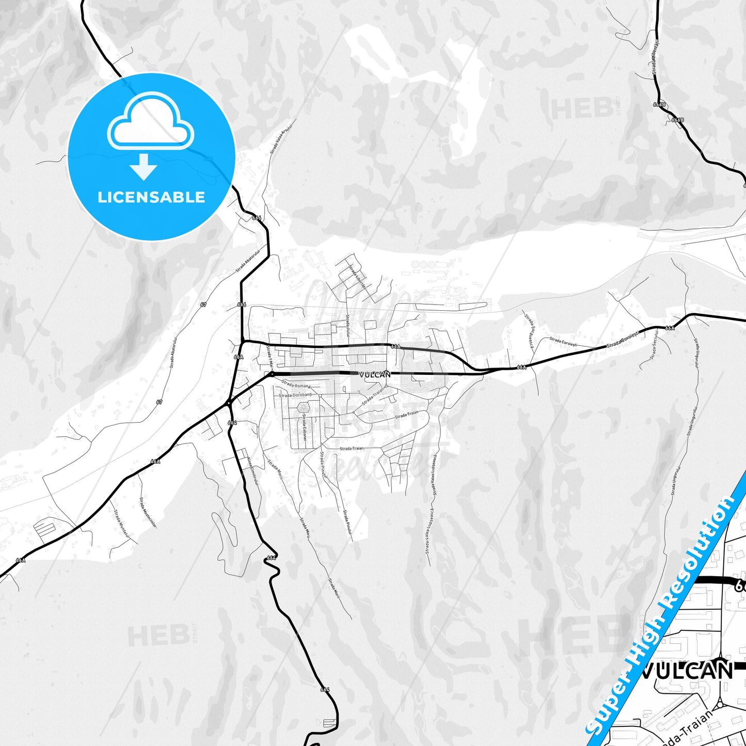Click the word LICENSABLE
pos(151,197)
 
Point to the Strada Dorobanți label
pos(296,395)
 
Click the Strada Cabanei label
pos(305,426)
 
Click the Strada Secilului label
pos(654,348)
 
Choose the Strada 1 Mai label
pos(269,357)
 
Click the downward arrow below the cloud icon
pos(144,167)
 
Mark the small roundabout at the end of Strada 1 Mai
pos(272,373)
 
